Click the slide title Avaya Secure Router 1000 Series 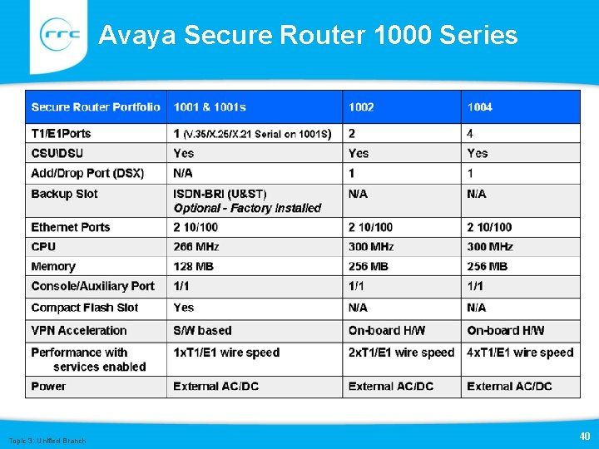[x=308, y=35]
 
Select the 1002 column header [x=361, y=107]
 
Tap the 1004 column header [x=480, y=107]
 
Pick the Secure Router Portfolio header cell [x=96, y=107]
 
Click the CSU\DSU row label [x=57, y=153]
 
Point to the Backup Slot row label [x=65, y=194]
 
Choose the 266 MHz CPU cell [x=196, y=247]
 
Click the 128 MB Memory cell [x=193, y=267]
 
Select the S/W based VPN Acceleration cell [x=202, y=331]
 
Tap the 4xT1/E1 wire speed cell [x=520, y=353]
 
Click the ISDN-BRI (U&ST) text [x=220, y=194]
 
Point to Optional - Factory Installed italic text [x=247, y=208]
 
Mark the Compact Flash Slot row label [x=85, y=308]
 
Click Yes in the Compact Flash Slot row [x=184, y=308]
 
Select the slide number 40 [x=583, y=436]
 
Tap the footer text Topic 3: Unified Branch [x=47, y=440]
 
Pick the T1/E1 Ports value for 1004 [x=471, y=133]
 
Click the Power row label [x=49, y=387]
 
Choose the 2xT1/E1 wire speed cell [x=402, y=353]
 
